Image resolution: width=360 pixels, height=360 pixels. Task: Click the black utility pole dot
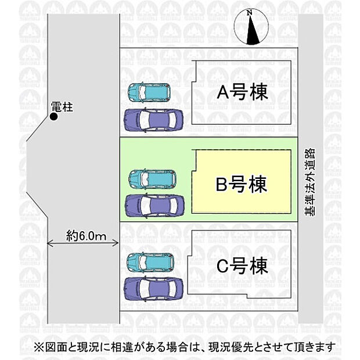coord(54,117)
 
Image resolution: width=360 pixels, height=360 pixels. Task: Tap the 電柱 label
coord(62,107)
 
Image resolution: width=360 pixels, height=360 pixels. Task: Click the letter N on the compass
coord(250,13)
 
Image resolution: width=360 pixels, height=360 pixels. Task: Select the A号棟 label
coord(243,92)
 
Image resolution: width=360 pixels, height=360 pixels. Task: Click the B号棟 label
coord(242,184)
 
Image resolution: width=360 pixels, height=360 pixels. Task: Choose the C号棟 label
coord(243,265)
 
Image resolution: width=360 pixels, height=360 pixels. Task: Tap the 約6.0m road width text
coord(87,236)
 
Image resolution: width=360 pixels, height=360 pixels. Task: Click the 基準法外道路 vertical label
coord(309,182)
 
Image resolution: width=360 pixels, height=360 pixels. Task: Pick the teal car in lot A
coord(149,92)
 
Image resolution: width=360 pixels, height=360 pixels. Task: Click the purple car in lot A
coord(153,121)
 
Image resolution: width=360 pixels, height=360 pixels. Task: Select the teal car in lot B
coord(153,179)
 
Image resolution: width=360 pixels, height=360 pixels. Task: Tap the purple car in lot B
coord(154,206)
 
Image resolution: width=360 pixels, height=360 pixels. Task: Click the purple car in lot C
coord(153,289)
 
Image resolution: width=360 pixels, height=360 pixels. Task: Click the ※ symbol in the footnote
coord(39,347)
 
